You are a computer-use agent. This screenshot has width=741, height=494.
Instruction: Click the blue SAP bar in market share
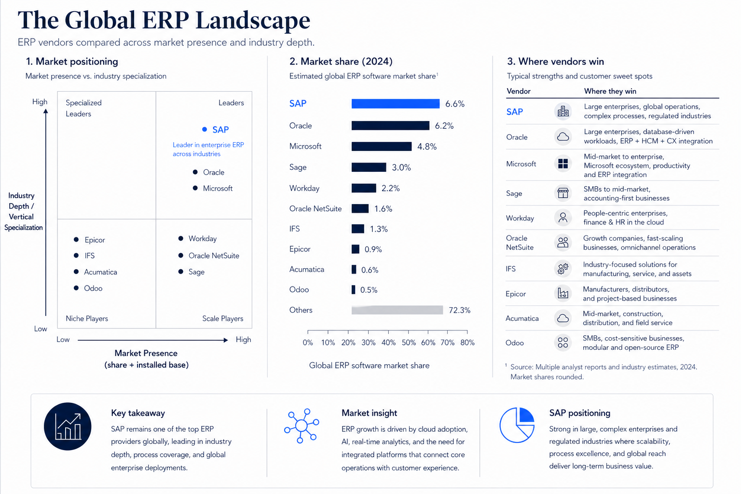click(395, 104)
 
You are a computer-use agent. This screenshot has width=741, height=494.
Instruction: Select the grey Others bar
click(397, 310)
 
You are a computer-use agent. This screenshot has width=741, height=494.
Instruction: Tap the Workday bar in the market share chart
click(364, 188)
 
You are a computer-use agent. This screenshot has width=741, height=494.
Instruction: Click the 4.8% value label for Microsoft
click(427, 147)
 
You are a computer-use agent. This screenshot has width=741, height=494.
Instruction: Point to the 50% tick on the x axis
click(409, 331)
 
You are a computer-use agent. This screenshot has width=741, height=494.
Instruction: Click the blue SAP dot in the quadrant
click(205, 129)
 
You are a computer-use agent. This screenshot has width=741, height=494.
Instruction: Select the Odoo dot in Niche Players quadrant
click(76, 288)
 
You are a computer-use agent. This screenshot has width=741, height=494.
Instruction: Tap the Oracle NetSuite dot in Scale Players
click(180, 255)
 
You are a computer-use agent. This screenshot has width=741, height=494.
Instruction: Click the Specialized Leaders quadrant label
click(83, 108)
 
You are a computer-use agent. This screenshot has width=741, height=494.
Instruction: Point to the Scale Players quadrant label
click(222, 318)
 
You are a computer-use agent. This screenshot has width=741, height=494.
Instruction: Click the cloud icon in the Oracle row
click(563, 137)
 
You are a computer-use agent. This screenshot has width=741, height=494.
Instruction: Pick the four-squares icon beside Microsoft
click(563, 164)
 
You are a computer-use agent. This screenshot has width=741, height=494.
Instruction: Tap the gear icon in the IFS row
click(563, 268)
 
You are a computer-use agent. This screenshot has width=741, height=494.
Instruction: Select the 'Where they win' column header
click(610, 91)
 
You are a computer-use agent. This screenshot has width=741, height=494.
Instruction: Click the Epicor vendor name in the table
click(515, 294)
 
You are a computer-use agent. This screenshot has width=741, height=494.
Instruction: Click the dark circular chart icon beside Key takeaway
click(68, 426)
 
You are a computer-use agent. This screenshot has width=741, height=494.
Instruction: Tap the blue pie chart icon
click(517, 425)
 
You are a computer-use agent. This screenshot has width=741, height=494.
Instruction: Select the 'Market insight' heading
click(369, 413)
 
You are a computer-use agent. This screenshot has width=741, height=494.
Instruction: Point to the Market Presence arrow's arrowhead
click(226, 340)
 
